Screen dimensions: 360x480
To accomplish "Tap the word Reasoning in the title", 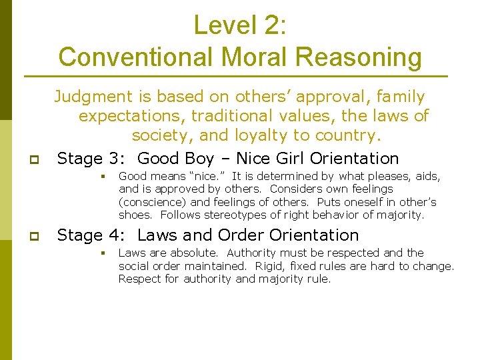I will (359, 57).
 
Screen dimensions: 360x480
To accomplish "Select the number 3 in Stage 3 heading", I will (115, 159).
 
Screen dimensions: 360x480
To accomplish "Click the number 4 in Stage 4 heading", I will (115, 235).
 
